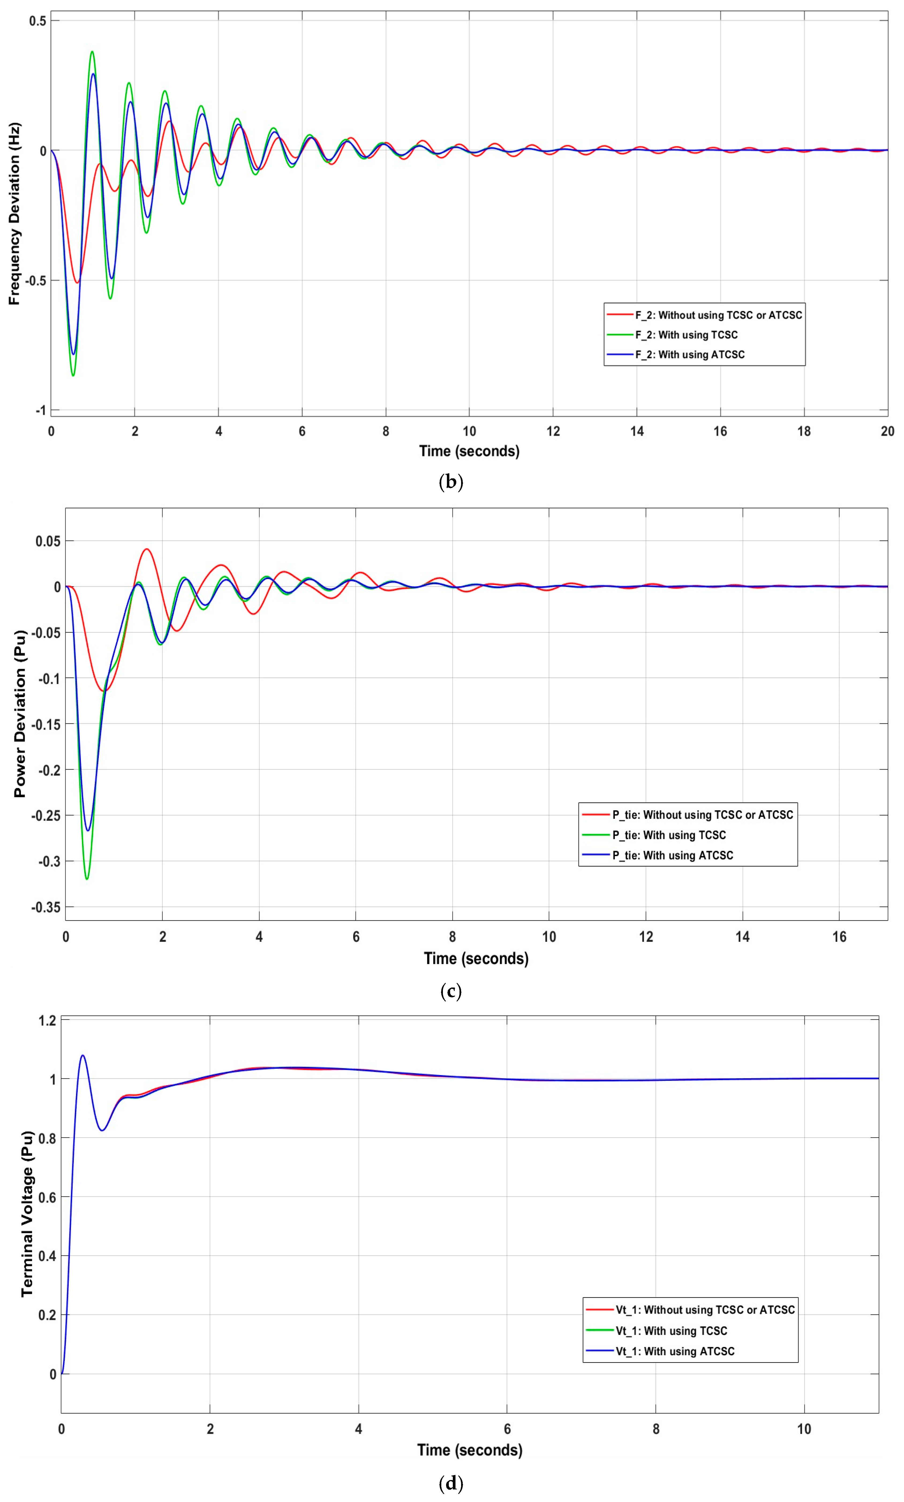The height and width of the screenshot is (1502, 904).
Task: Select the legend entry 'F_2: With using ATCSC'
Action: coord(690,354)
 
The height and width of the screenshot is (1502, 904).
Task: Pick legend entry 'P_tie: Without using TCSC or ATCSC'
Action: coord(702,815)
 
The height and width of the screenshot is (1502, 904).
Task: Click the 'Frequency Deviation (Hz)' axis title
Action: coord(15,214)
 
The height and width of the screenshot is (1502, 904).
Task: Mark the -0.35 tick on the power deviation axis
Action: coord(46,907)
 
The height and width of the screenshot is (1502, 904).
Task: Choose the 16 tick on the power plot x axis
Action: coord(839,937)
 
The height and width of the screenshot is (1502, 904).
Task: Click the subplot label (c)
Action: coord(451,991)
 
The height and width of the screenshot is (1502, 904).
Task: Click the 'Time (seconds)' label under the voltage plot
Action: coord(470,1450)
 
